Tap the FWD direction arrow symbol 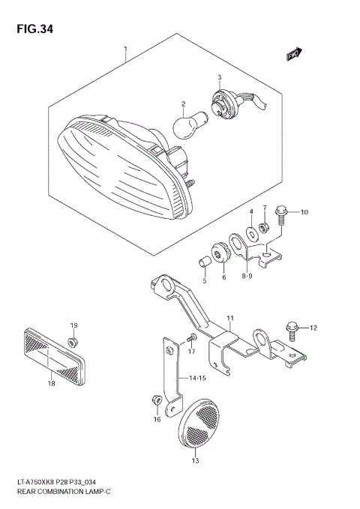pos(293,53)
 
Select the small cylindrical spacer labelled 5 pos(202,263)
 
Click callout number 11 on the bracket pos(230,319)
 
